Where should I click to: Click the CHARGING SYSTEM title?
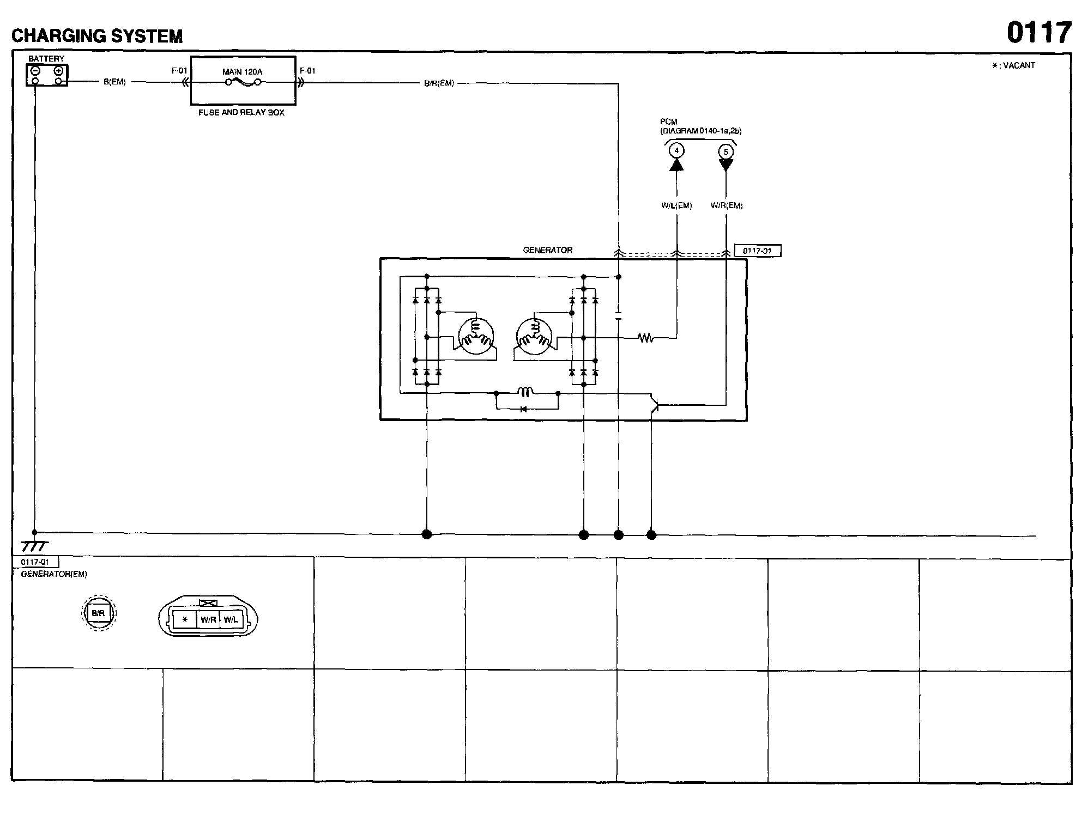click(x=97, y=36)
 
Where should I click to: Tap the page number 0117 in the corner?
click(x=1039, y=33)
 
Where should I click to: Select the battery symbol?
click(x=47, y=75)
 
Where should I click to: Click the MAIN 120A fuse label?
click(x=242, y=71)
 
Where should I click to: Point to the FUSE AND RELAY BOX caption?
click(x=241, y=113)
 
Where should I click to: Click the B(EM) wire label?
click(x=114, y=82)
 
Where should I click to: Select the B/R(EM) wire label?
click(x=439, y=83)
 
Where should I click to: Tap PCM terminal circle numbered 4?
click(x=676, y=150)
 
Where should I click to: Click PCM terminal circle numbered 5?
click(x=726, y=152)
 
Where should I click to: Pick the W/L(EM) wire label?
click(x=676, y=205)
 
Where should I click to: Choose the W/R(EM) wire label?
click(x=727, y=205)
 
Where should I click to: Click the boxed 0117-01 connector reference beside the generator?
click(x=757, y=251)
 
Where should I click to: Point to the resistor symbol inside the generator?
click(x=646, y=338)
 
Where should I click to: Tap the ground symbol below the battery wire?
click(x=34, y=546)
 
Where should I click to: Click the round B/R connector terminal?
click(x=98, y=613)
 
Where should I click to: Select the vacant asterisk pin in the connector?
click(x=185, y=619)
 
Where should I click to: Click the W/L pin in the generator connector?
click(x=231, y=619)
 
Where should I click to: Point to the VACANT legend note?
click(x=1013, y=65)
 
